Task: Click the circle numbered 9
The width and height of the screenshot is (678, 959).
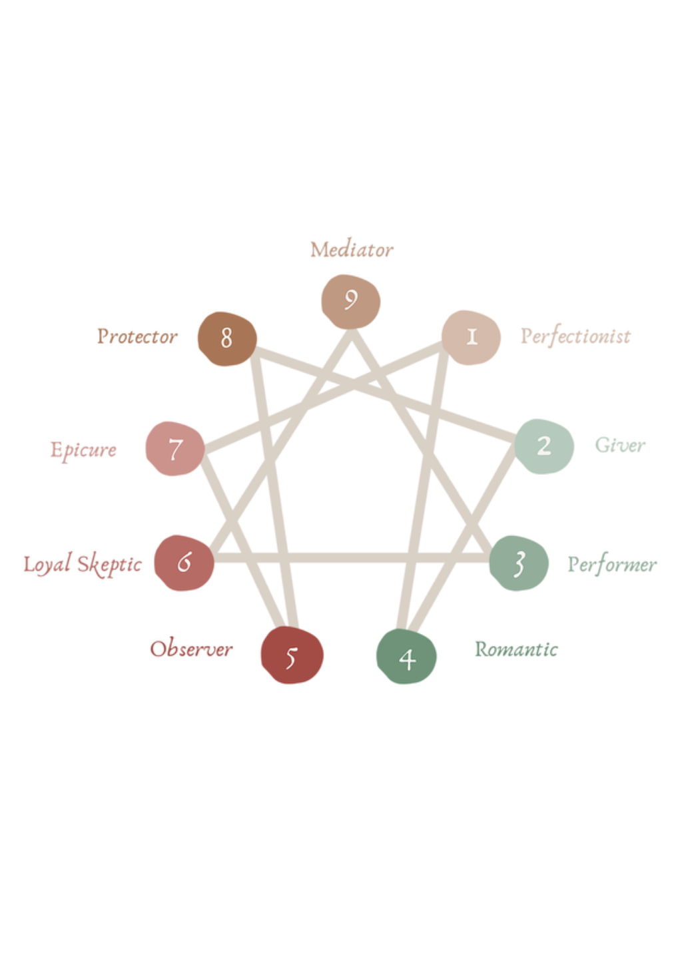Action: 350,302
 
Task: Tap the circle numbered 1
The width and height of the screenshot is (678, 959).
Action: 471,338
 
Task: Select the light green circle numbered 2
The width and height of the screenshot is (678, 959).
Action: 543,446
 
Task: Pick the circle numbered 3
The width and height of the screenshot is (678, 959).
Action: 518,563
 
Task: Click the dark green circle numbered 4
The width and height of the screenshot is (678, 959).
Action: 406,657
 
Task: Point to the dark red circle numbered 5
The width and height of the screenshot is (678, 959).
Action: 292,655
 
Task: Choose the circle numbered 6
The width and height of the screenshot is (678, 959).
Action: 184,563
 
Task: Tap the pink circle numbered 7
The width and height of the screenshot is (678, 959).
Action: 175,449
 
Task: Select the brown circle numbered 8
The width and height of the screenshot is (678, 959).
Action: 227,338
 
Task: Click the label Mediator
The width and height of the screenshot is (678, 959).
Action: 352,250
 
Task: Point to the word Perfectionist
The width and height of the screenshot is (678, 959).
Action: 575,336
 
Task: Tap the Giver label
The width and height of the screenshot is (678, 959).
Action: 619,445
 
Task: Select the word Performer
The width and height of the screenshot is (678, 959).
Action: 611,565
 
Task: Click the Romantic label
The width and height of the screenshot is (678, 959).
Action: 516,649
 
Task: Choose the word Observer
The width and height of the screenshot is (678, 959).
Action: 191,648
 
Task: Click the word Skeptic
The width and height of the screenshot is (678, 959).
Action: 109,565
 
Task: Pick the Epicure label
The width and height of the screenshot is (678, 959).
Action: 83,450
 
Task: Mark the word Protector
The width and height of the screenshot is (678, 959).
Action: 137,336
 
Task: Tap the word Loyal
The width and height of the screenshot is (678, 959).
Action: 47,565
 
